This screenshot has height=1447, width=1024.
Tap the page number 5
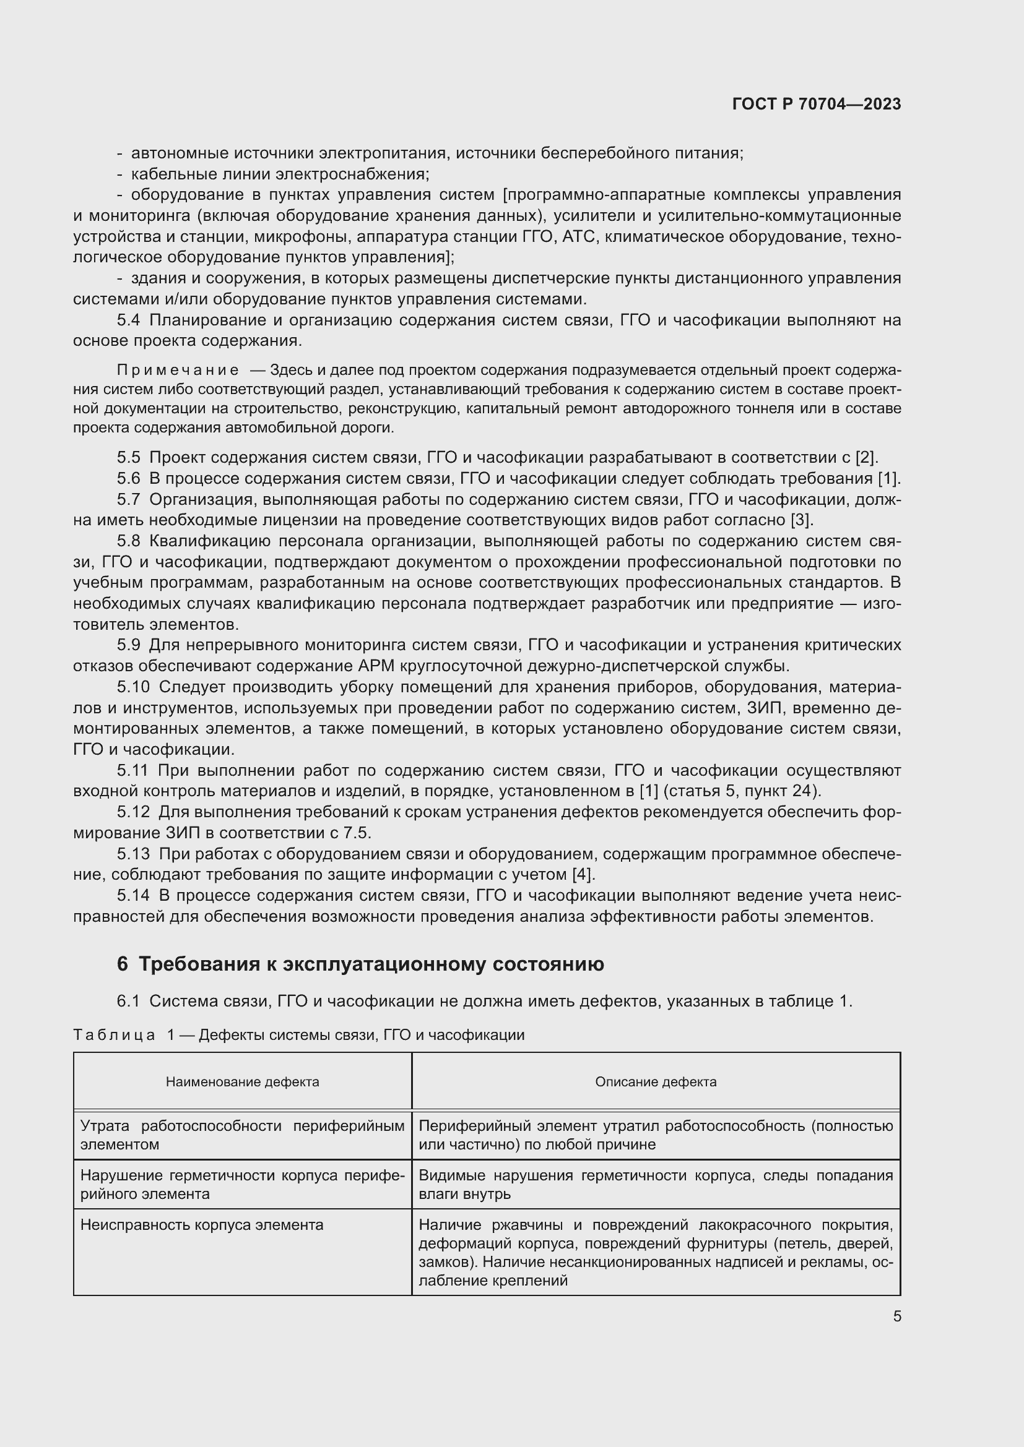tap(896, 1316)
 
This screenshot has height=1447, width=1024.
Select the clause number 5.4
tap(128, 320)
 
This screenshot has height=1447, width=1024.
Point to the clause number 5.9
tap(128, 645)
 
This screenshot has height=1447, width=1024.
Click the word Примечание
tap(178, 370)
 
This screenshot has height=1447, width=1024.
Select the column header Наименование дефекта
tap(242, 1081)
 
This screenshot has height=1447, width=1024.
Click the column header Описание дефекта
tap(655, 1081)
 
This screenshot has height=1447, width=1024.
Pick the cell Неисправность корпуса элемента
tap(202, 1224)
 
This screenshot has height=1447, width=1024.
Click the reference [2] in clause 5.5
tap(866, 458)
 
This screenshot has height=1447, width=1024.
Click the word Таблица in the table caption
tap(114, 1035)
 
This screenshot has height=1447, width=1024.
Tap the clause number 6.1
tap(128, 1001)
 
